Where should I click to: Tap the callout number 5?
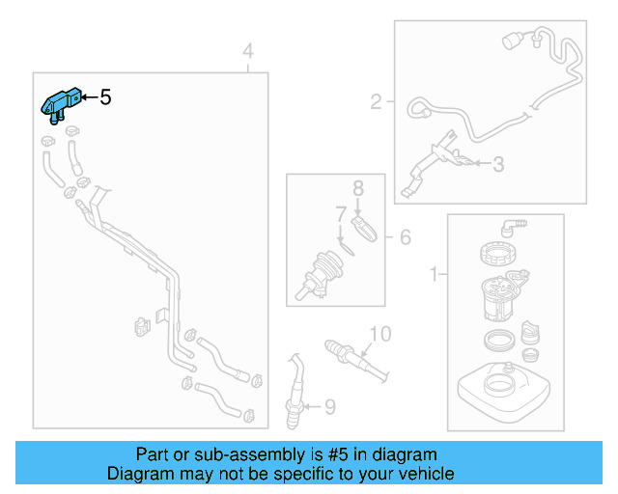pyautogui.click(x=105, y=97)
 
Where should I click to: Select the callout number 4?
pyautogui.click(x=248, y=51)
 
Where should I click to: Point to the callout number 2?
pyautogui.click(x=377, y=99)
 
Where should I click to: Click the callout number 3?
pyautogui.click(x=497, y=165)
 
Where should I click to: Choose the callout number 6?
pyautogui.click(x=405, y=236)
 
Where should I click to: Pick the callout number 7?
pyautogui.click(x=340, y=212)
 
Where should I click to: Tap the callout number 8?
pyautogui.click(x=357, y=187)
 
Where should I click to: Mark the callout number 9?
pyautogui.click(x=328, y=407)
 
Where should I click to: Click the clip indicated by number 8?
pyautogui.click(x=366, y=229)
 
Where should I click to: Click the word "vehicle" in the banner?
pyautogui.click(x=425, y=474)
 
